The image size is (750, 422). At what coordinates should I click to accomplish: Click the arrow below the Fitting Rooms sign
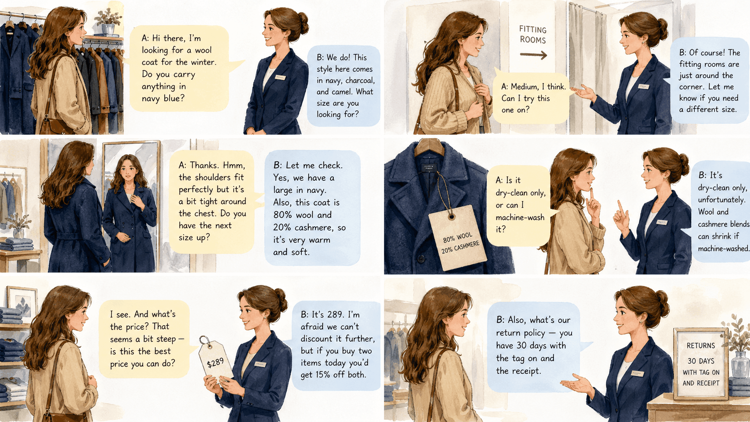tap(533, 55)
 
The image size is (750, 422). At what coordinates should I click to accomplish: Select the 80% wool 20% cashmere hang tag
tap(458, 238)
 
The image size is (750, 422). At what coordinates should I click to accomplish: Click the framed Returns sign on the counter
tap(701, 364)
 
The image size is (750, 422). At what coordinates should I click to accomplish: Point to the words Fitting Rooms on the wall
tap(533, 35)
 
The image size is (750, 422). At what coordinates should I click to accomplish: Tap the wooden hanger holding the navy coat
tap(429, 147)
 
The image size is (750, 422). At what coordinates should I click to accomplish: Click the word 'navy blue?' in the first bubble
tap(163, 98)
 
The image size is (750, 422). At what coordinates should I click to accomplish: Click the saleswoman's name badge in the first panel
tap(280, 77)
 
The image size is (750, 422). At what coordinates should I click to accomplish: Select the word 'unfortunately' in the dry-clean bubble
tap(721, 200)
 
